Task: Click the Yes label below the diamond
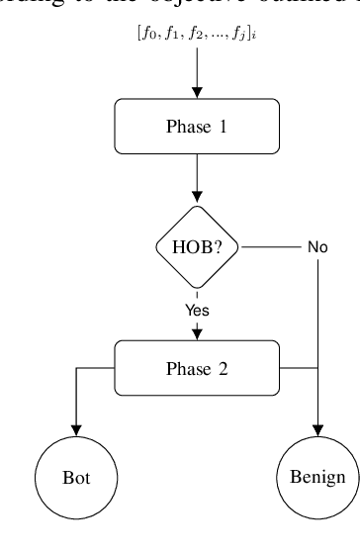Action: pos(198,310)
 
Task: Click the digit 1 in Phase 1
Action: pos(231,127)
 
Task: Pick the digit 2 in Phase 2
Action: pos(231,369)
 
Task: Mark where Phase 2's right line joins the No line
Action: pos(317,369)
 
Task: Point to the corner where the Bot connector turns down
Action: pos(76,369)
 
